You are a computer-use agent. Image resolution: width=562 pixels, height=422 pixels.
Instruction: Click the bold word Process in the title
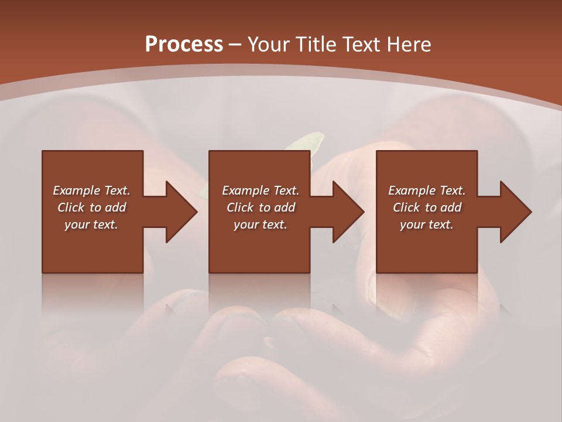pyautogui.click(x=184, y=45)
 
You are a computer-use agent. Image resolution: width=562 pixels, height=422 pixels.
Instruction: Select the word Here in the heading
pyautogui.click(x=408, y=45)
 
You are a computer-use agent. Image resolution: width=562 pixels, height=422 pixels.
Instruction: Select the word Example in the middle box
pyautogui.click(x=245, y=190)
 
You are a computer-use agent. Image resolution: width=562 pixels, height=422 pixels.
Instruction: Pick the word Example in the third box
pyautogui.click(x=412, y=190)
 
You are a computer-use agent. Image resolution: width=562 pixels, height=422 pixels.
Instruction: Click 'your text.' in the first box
pyautogui.click(x=91, y=224)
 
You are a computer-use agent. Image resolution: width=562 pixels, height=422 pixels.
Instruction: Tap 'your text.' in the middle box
pyautogui.click(x=260, y=224)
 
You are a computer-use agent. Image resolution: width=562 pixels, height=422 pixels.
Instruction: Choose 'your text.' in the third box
pyautogui.click(x=427, y=224)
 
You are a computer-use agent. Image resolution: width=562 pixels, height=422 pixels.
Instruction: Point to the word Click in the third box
pyautogui.click(x=406, y=207)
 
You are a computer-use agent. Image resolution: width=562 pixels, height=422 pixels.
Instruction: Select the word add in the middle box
pyautogui.click(x=285, y=207)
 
